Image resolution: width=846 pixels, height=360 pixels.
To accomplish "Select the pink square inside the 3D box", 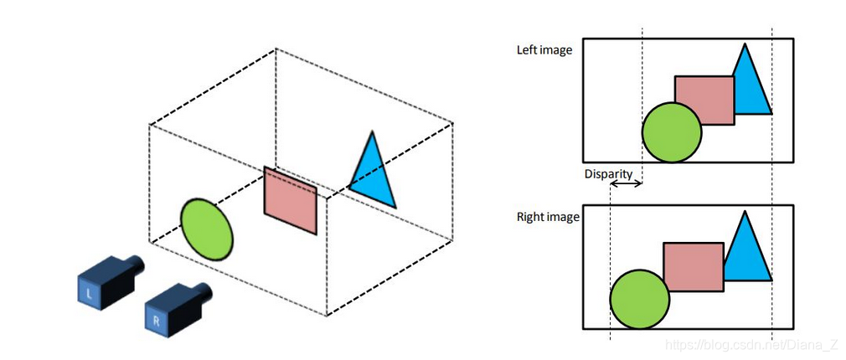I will [x=291, y=200].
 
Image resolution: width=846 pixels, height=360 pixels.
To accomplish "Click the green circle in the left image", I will [x=672, y=133].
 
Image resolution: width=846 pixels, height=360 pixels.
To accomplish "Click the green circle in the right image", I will [x=640, y=299].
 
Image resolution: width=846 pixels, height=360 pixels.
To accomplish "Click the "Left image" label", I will [x=544, y=50].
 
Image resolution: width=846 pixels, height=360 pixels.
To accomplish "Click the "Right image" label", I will [x=548, y=218].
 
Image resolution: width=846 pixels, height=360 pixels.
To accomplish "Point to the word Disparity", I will [x=608, y=174].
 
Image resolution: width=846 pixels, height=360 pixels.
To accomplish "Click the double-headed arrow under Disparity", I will [x=626, y=183].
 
